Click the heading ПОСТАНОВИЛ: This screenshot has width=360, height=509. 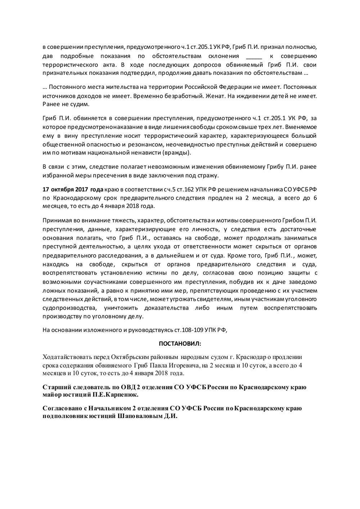[180, 344]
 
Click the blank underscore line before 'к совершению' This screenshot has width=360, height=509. [254, 56]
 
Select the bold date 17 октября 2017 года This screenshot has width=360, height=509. [73, 189]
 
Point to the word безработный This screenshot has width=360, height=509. [186, 96]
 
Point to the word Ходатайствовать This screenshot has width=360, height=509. [66, 357]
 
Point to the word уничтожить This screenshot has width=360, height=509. [121, 308]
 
